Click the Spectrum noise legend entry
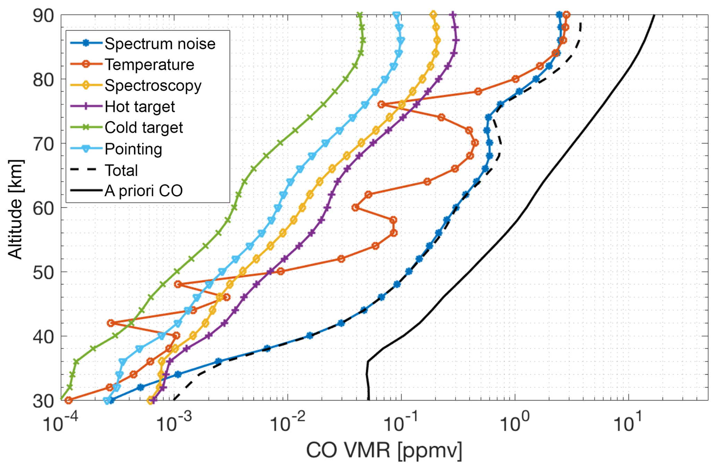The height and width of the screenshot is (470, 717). (x=160, y=44)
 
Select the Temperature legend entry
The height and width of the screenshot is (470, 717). (x=149, y=65)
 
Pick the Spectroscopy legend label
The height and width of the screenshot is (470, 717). (x=153, y=86)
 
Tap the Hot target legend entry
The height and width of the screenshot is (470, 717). (x=139, y=107)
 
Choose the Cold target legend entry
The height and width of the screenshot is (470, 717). (x=144, y=128)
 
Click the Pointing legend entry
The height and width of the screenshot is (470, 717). (x=133, y=149)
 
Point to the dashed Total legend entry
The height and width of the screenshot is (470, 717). (x=121, y=170)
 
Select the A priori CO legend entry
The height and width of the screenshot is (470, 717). (x=143, y=191)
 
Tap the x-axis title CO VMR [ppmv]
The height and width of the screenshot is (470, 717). (x=384, y=451)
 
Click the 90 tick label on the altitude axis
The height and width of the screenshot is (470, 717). (x=43, y=16)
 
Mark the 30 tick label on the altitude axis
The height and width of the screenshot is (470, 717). (x=43, y=401)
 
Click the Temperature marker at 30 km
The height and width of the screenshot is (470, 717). (x=69, y=400)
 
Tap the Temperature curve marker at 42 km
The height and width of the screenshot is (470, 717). (x=111, y=323)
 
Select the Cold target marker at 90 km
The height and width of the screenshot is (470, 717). (x=360, y=15)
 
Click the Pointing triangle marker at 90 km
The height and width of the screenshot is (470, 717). (x=396, y=15)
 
